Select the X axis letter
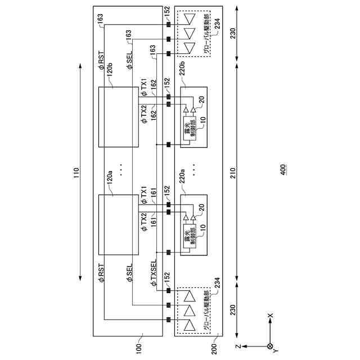(270, 316)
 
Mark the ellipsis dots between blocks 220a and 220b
(194, 168)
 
